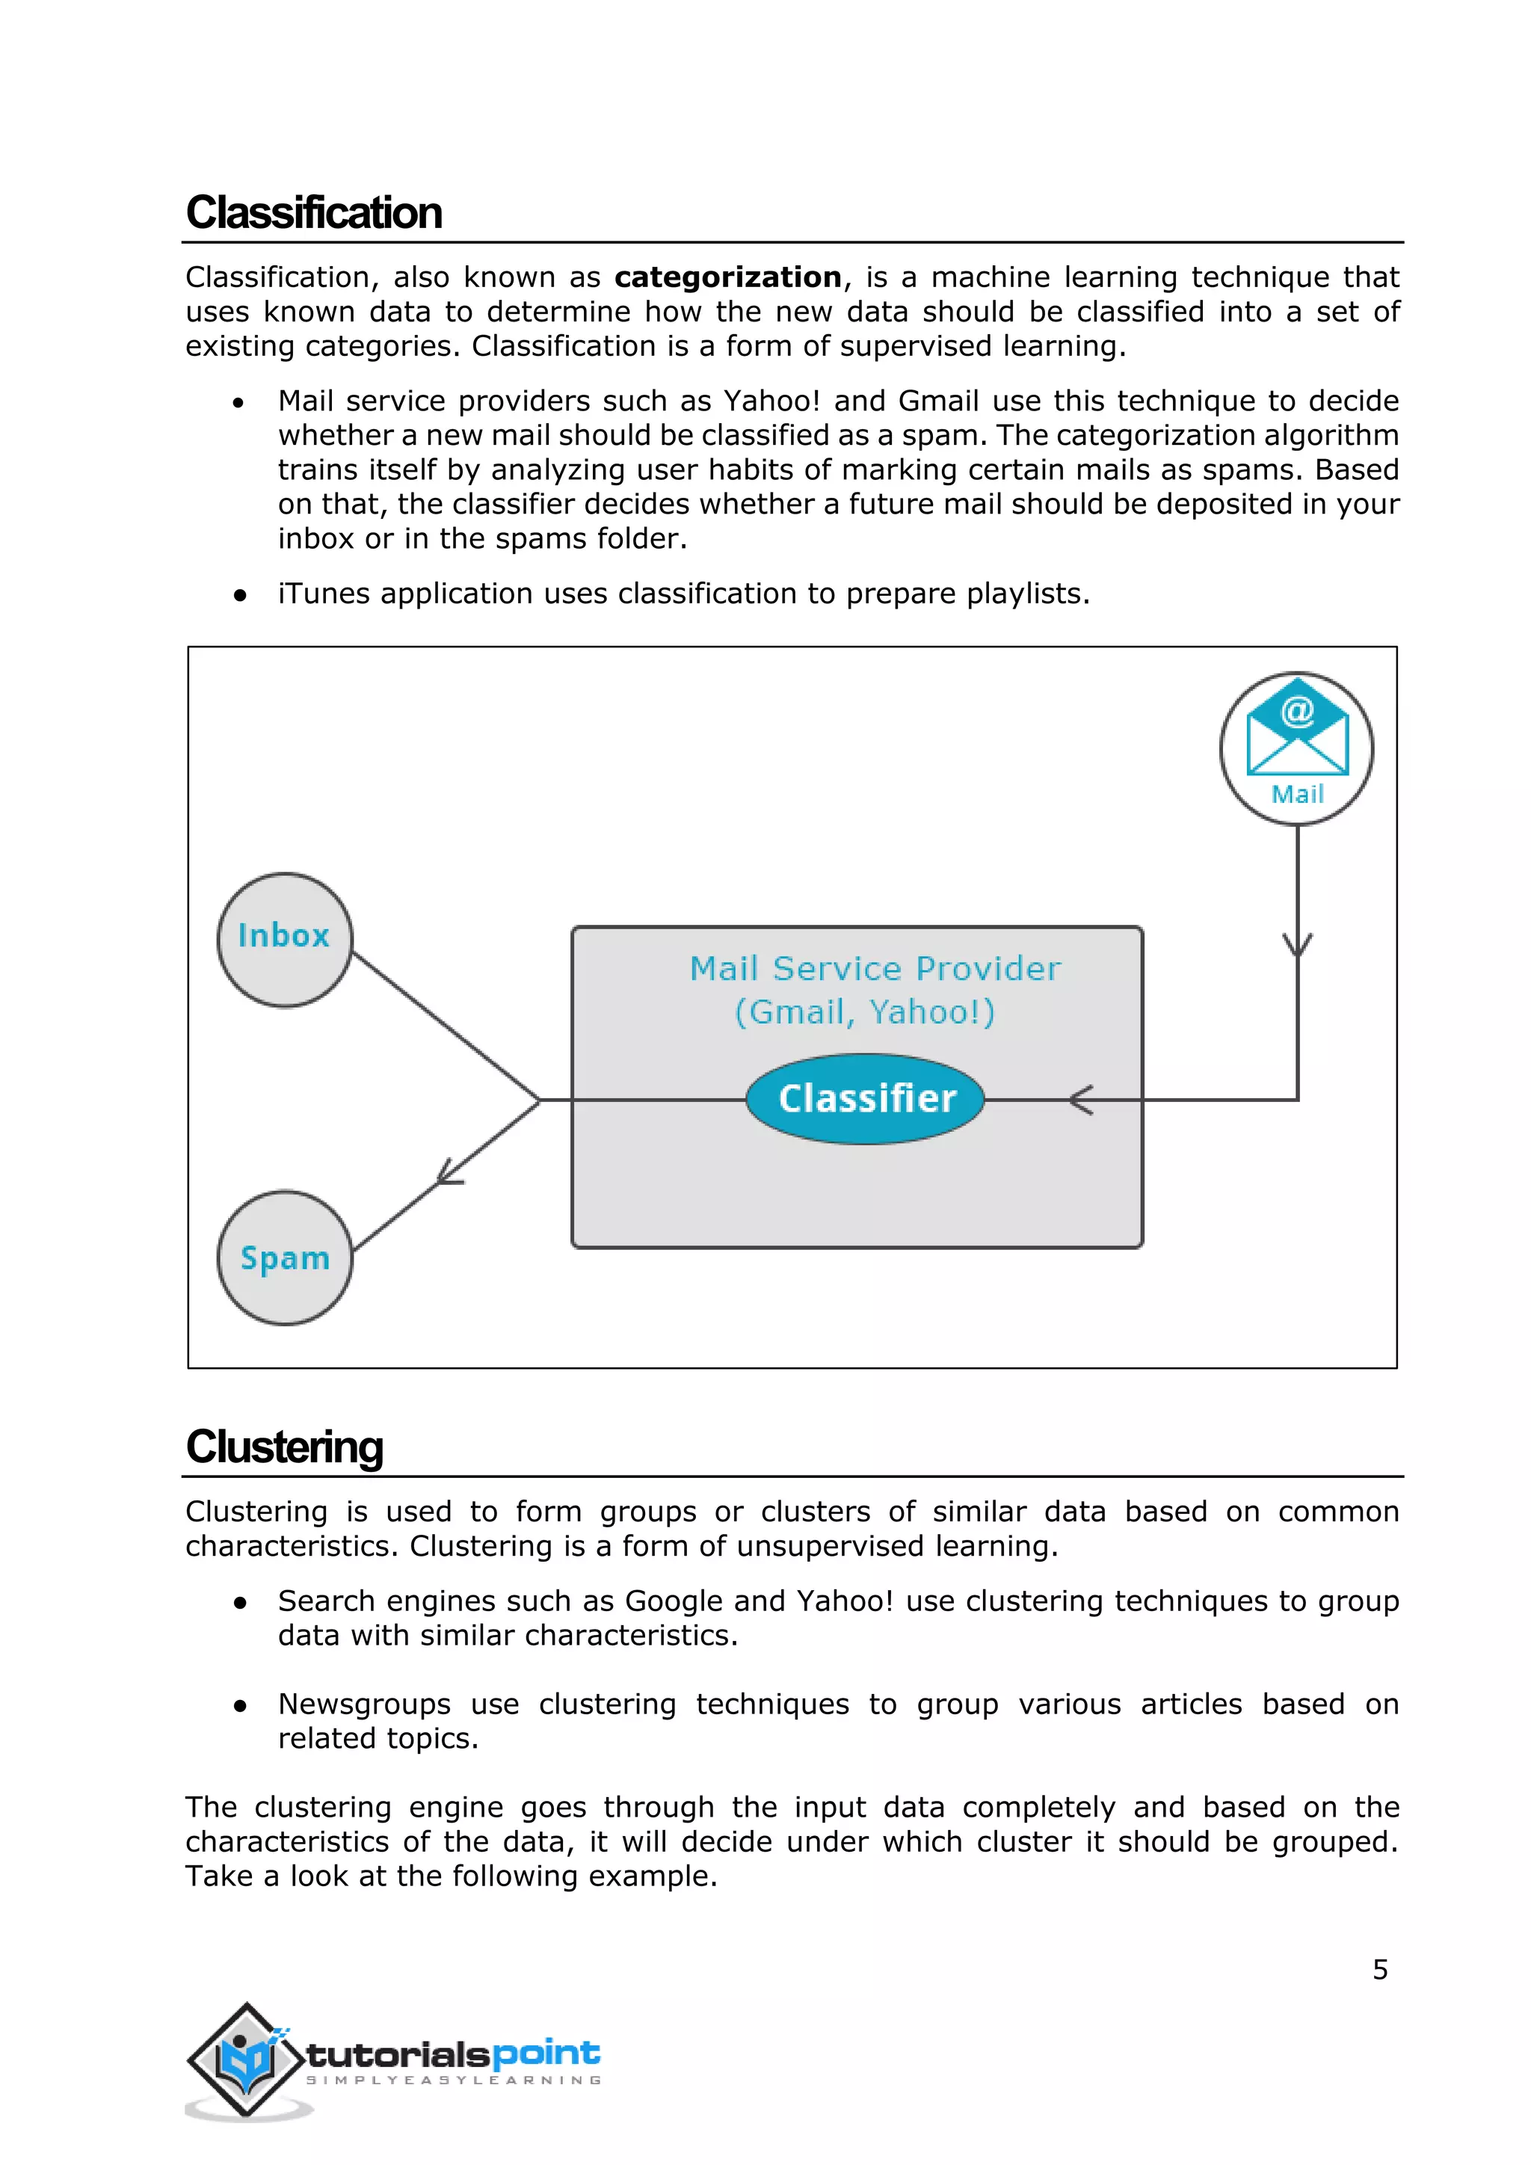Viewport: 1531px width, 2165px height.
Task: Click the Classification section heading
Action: tap(314, 212)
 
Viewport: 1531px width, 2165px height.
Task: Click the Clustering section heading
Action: tap(285, 1447)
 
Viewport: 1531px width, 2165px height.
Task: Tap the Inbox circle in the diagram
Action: tap(285, 939)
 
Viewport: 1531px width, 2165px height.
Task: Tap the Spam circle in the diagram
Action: tap(285, 1258)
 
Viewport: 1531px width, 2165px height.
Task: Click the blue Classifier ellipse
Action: tap(866, 1098)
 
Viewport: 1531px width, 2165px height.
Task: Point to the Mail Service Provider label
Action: tap(875, 968)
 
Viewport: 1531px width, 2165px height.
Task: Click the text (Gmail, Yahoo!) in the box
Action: tap(864, 1011)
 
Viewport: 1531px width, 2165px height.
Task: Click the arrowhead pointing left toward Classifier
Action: tap(1080, 1100)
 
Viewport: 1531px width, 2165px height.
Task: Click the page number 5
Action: tap(1379, 1970)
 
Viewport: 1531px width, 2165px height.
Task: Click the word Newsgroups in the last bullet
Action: tap(364, 1704)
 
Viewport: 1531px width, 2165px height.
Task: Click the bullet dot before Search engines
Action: tap(241, 1602)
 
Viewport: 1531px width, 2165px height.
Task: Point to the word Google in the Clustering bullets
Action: tap(674, 1601)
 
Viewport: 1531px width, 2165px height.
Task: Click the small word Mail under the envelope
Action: tap(1297, 794)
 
